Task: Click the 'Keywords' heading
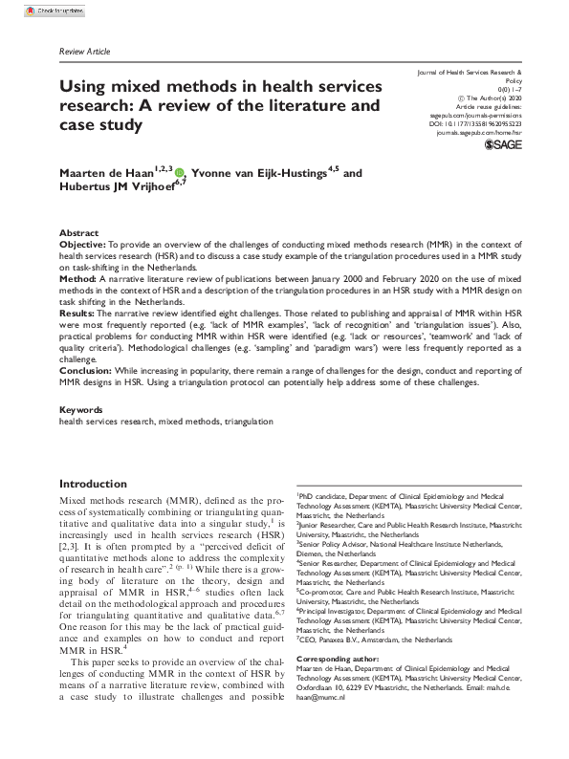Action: (82, 408)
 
